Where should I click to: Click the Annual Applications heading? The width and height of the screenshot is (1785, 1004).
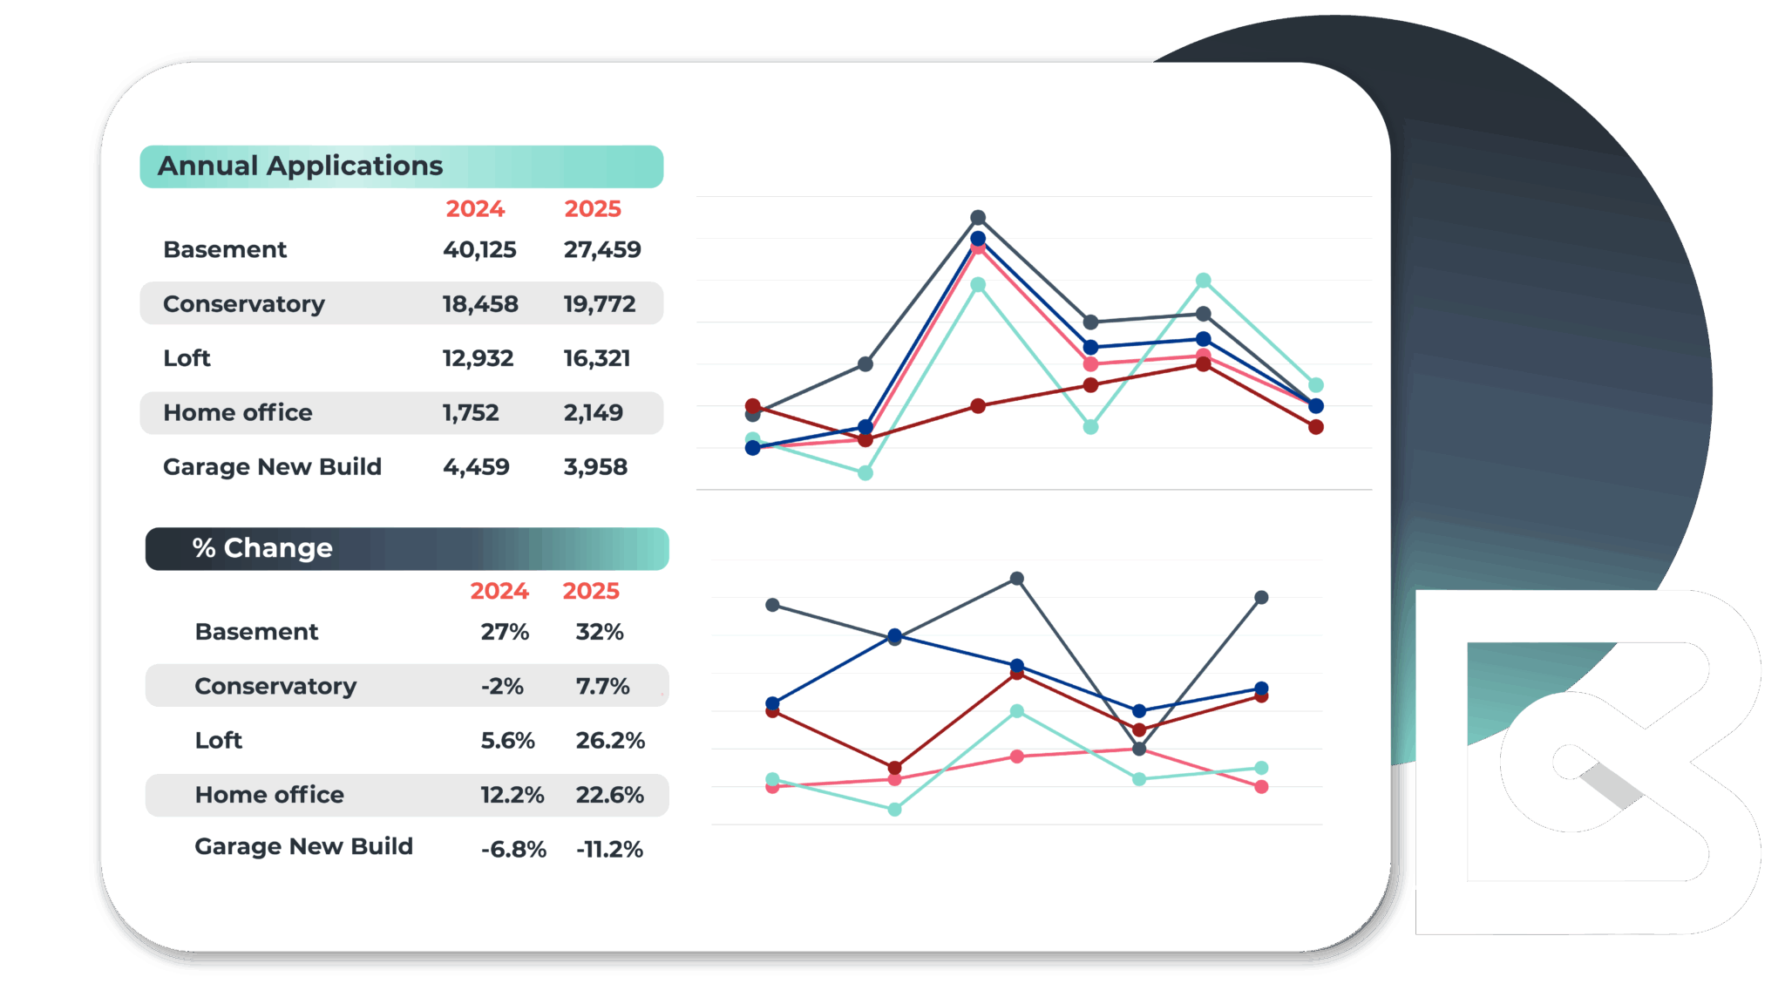point(300,166)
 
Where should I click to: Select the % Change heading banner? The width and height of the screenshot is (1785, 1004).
point(406,548)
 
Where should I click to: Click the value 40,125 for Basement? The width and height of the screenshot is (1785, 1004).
point(478,249)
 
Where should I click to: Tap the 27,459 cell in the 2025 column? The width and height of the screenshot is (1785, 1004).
point(601,249)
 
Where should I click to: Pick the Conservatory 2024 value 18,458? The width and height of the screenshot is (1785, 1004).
point(479,304)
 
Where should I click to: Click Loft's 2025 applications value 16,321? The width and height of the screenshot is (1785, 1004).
point(596,358)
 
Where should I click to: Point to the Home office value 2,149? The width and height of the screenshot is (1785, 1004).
point(593,412)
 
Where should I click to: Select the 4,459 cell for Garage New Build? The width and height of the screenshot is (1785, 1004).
point(476,467)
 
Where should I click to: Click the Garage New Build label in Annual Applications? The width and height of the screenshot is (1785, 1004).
point(272,467)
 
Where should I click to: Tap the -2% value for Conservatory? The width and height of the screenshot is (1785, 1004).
point(502,687)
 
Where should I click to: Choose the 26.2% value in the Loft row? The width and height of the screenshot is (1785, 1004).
point(610,741)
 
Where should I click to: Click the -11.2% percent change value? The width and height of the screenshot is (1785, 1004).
point(609,849)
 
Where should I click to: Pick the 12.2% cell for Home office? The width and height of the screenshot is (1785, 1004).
point(512,795)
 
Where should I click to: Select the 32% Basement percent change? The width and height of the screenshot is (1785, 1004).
point(600,632)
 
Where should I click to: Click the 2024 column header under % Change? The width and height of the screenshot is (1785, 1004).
point(499,591)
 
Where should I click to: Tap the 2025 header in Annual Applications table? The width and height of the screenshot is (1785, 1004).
point(593,209)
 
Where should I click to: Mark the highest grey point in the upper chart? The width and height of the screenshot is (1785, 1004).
point(978,217)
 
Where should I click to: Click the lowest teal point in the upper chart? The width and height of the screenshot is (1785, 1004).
point(865,472)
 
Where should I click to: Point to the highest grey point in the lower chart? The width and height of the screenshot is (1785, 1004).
point(1016,579)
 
